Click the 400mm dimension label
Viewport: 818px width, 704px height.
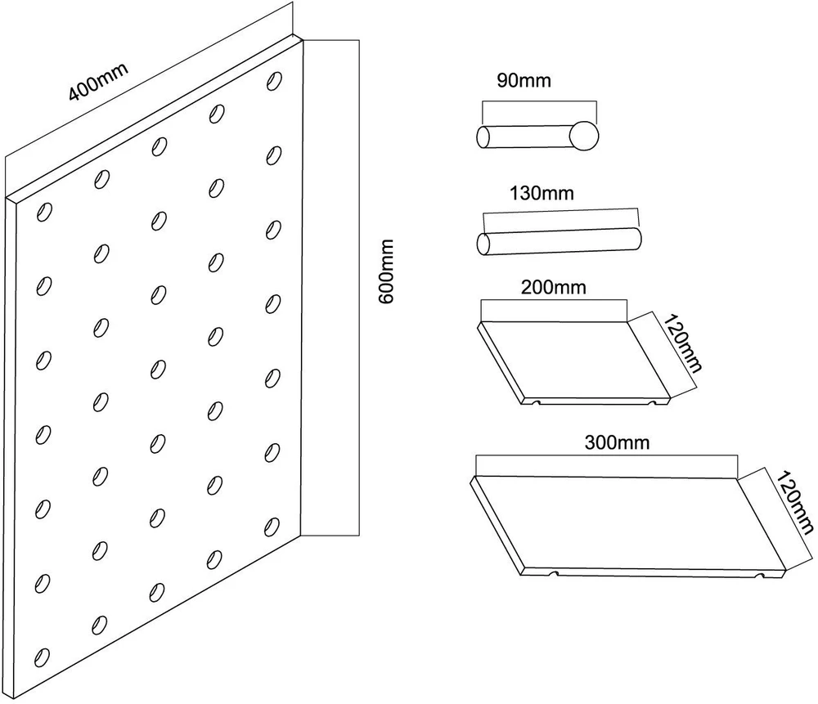tap(99, 82)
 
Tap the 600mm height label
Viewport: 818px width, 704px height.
tap(387, 271)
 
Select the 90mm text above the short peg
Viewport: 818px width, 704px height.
tap(524, 80)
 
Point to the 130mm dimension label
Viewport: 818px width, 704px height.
tap(542, 194)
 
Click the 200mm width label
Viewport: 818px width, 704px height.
tap(554, 287)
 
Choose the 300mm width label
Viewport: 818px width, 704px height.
tap(617, 442)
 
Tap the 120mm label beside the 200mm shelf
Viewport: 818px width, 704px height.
tap(683, 343)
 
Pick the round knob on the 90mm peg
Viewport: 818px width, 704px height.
tap(584, 136)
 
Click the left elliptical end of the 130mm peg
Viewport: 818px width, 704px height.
tap(483, 244)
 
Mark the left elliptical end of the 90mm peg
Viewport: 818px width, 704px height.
tap(483, 137)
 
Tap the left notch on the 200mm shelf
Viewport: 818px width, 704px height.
tap(536, 402)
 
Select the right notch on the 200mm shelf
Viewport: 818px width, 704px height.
tap(651, 402)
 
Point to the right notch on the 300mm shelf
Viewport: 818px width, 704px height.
tap(761, 575)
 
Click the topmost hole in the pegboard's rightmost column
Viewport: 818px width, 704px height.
tap(274, 81)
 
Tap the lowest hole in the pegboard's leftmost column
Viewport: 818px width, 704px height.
tap(43, 657)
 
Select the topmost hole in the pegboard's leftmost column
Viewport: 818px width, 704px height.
tap(44, 212)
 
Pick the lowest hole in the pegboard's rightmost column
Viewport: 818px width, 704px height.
tap(272, 527)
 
